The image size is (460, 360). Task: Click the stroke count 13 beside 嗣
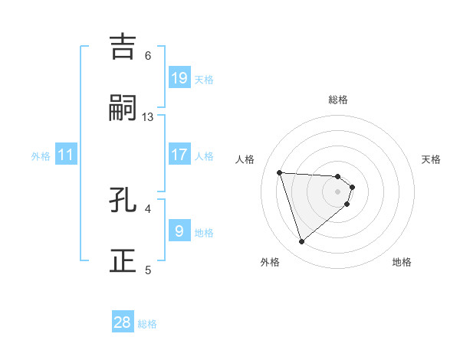click(148, 116)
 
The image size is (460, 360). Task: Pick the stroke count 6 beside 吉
click(148, 55)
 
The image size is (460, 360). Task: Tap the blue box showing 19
click(179, 78)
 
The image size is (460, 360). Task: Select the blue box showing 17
click(179, 155)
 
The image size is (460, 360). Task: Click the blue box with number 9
click(179, 231)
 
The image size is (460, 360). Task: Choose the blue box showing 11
click(66, 155)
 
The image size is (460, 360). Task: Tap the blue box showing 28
click(123, 322)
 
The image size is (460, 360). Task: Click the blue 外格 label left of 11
click(41, 156)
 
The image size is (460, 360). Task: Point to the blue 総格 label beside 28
click(147, 324)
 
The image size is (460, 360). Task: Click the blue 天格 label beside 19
click(204, 80)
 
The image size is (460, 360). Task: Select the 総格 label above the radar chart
click(338, 100)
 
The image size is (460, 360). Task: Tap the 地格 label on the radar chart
click(402, 262)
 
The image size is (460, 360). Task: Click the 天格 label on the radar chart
click(431, 159)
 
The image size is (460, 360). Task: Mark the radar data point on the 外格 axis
click(301, 242)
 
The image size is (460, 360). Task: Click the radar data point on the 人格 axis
click(280, 172)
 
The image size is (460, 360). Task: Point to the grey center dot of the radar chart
click(338, 191)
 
